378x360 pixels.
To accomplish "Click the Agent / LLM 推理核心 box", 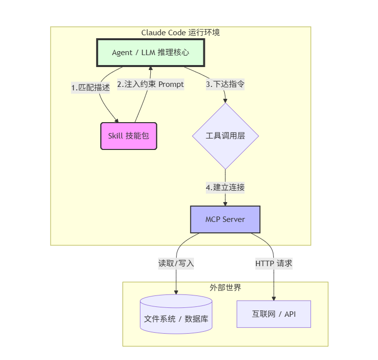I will click(150, 53).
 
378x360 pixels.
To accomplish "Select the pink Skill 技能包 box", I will click(128, 136).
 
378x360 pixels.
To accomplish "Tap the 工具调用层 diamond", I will click(225, 136).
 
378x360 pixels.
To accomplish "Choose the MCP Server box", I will click(225, 219).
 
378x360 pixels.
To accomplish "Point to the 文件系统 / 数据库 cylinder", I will click(176, 318).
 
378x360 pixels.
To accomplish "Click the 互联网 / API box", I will click(274, 314).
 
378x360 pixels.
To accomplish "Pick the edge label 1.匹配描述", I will click(90, 87).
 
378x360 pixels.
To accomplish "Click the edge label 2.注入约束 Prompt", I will click(150, 84).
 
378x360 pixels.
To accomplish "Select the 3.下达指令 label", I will click(225, 84).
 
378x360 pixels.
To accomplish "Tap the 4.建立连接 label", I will click(225, 187).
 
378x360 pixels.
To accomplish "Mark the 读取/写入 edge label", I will click(176, 263).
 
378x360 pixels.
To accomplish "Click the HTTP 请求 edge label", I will click(274, 263).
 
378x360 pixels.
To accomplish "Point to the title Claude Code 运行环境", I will click(181, 33).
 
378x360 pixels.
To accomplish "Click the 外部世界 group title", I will click(225, 288).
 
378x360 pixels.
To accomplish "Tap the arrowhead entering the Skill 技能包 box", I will click(117, 120).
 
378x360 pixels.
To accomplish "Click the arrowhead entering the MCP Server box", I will click(225, 204).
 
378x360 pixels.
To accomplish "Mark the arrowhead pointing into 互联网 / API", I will click(274, 298).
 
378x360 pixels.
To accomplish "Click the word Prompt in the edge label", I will click(171, 84).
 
